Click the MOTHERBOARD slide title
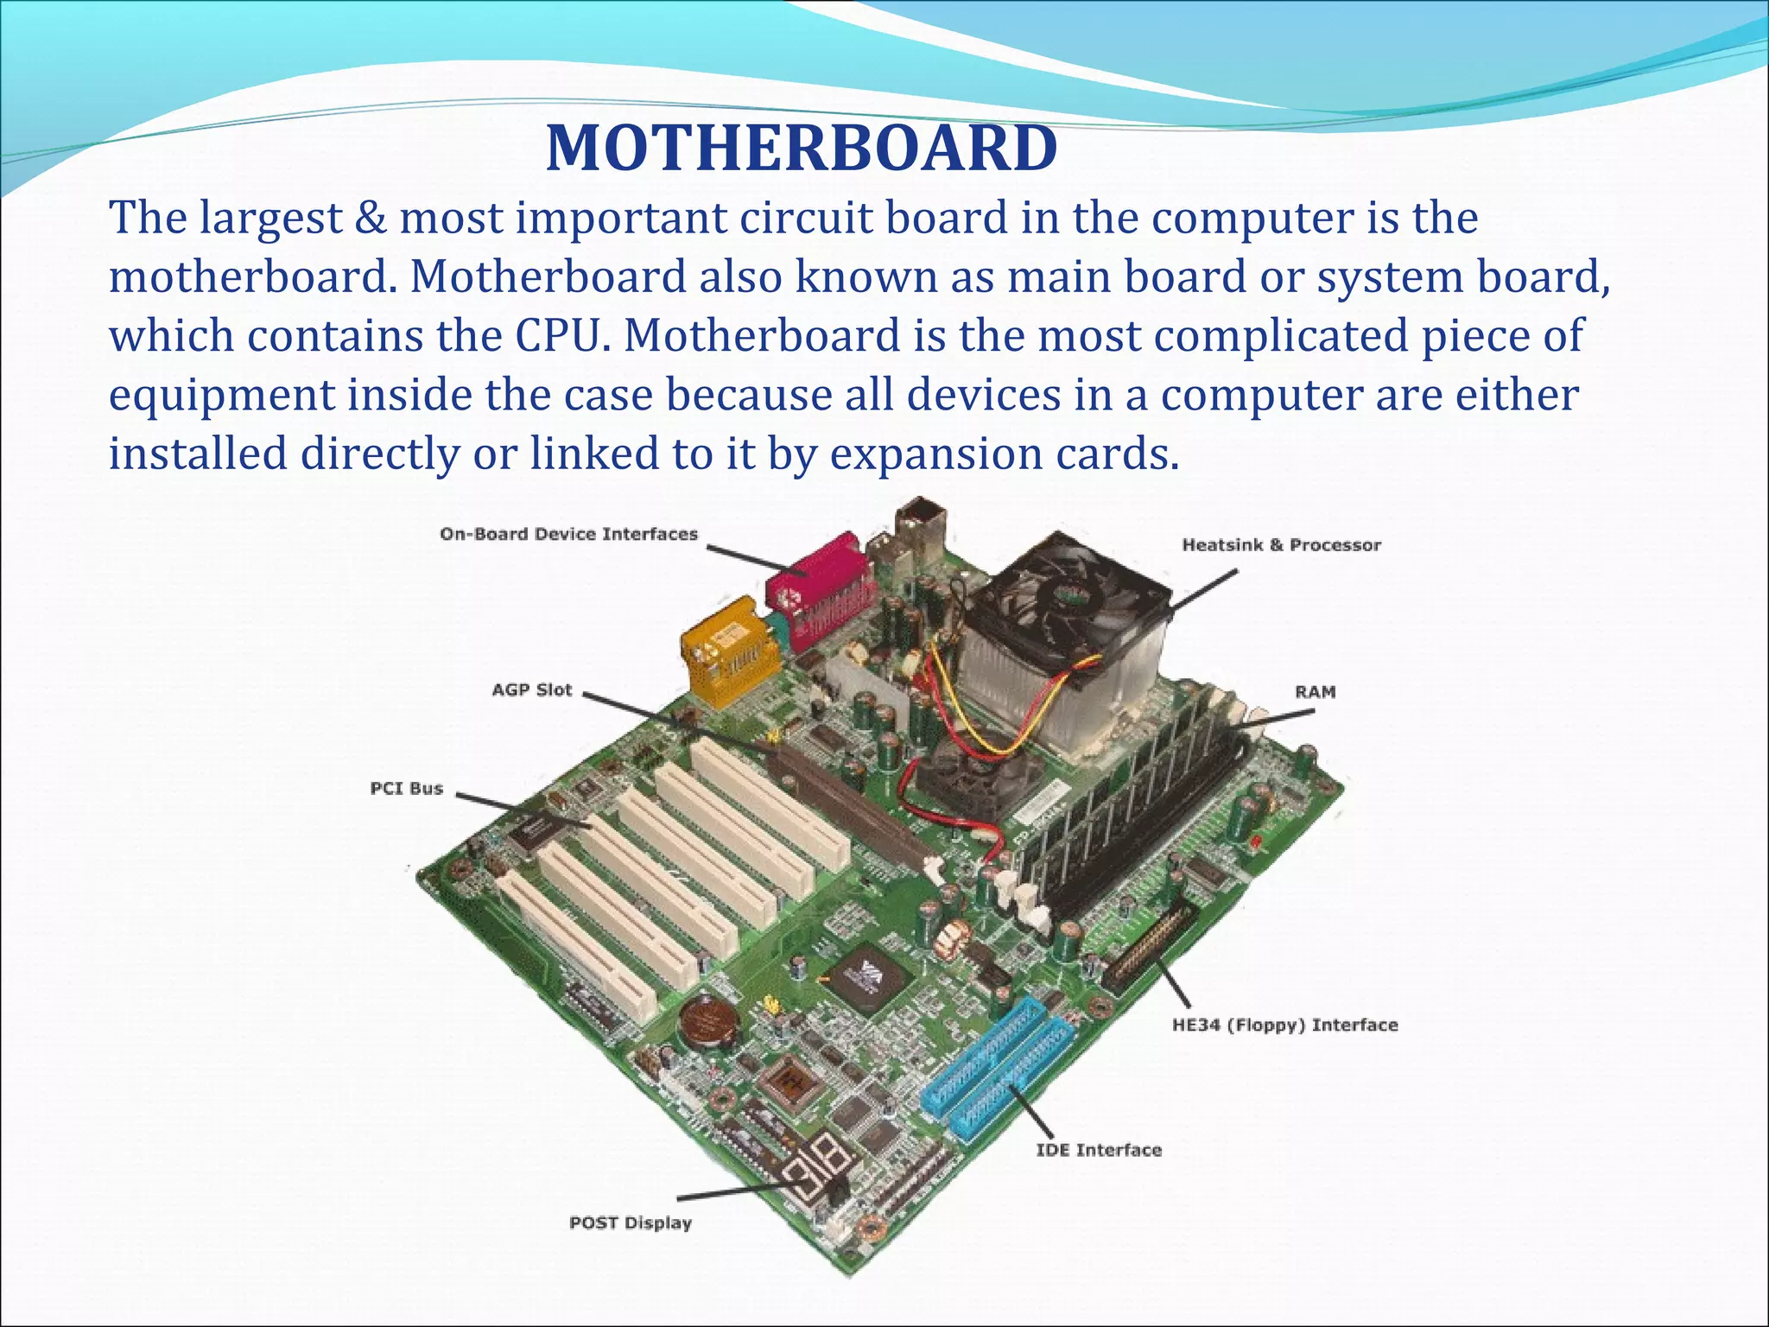tap(802, 149)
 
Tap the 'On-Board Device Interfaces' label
tap(568, 534)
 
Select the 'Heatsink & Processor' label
tap(1281, 545)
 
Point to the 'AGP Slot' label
tap(532, 689)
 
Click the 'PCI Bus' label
tap(406, 788)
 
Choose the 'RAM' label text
tap(1315, 691)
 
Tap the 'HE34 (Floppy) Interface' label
tap(1284, 1025)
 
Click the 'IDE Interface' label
tap(1099, 1150)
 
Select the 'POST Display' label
tap(631, 1222)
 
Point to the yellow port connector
tap(724, 648)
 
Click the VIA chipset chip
tap(867, 975)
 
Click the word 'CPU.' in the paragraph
tap(556, 335)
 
